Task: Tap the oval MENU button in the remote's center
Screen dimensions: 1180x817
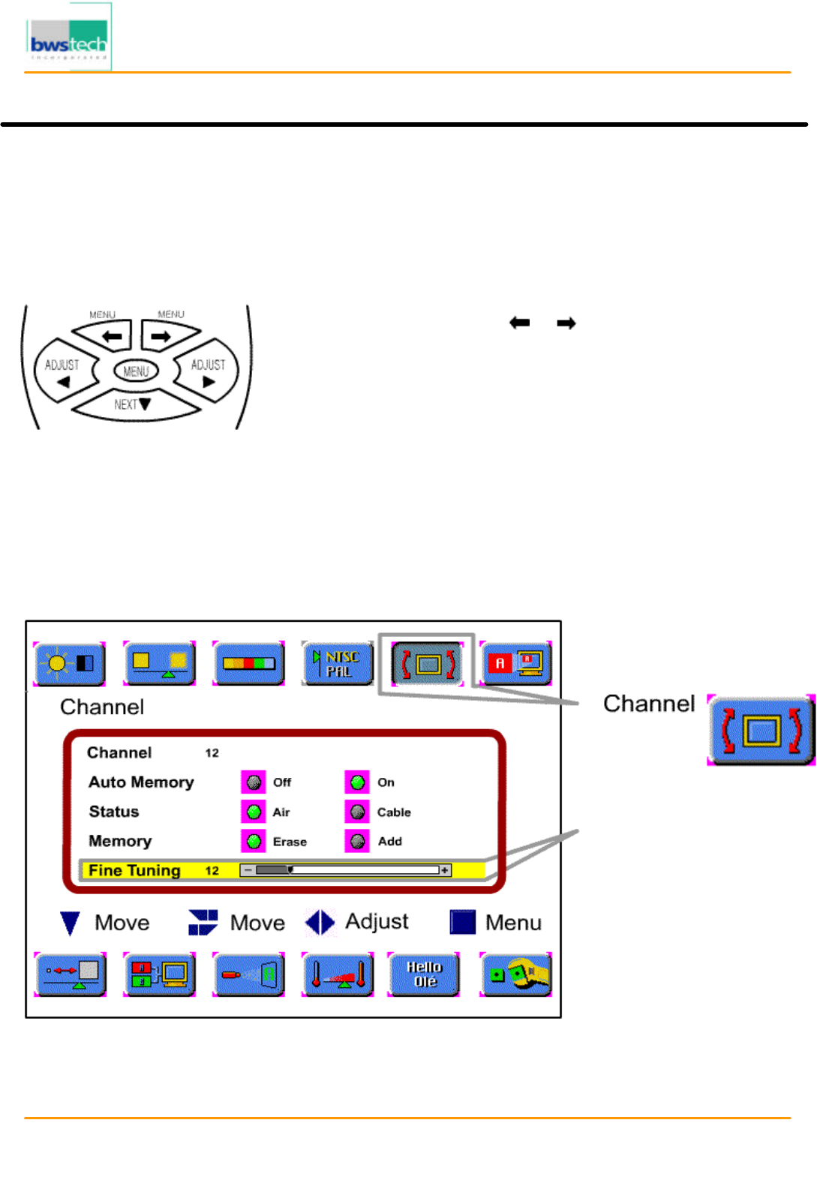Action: (x=136, y=371)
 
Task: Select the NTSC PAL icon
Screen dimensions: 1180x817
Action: (x=338, y=663)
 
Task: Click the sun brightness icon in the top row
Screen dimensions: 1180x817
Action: (x=70, y=663)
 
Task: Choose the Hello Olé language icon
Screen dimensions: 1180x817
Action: (x=425, y=974)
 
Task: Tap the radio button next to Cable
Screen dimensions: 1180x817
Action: (x=358, y=812)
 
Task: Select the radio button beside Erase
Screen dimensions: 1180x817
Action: (x=254, y=841)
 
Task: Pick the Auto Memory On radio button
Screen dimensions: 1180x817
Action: (x=358, y=782)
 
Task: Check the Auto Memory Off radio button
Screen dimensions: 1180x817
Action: (x=254, y=782)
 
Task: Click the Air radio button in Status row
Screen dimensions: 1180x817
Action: (x=254, y=812)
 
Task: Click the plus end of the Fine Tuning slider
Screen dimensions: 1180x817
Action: (x=445, y=870)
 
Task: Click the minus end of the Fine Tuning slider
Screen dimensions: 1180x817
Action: (x=247, y=870)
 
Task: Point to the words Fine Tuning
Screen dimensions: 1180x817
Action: (x=134, y=870)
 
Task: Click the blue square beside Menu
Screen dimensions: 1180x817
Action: (x=462, y=922)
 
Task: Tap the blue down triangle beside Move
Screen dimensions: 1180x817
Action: (x=70, y=923)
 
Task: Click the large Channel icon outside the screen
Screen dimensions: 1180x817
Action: (x=761, y=730)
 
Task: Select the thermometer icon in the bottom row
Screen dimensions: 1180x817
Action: (x=338, y=974)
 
